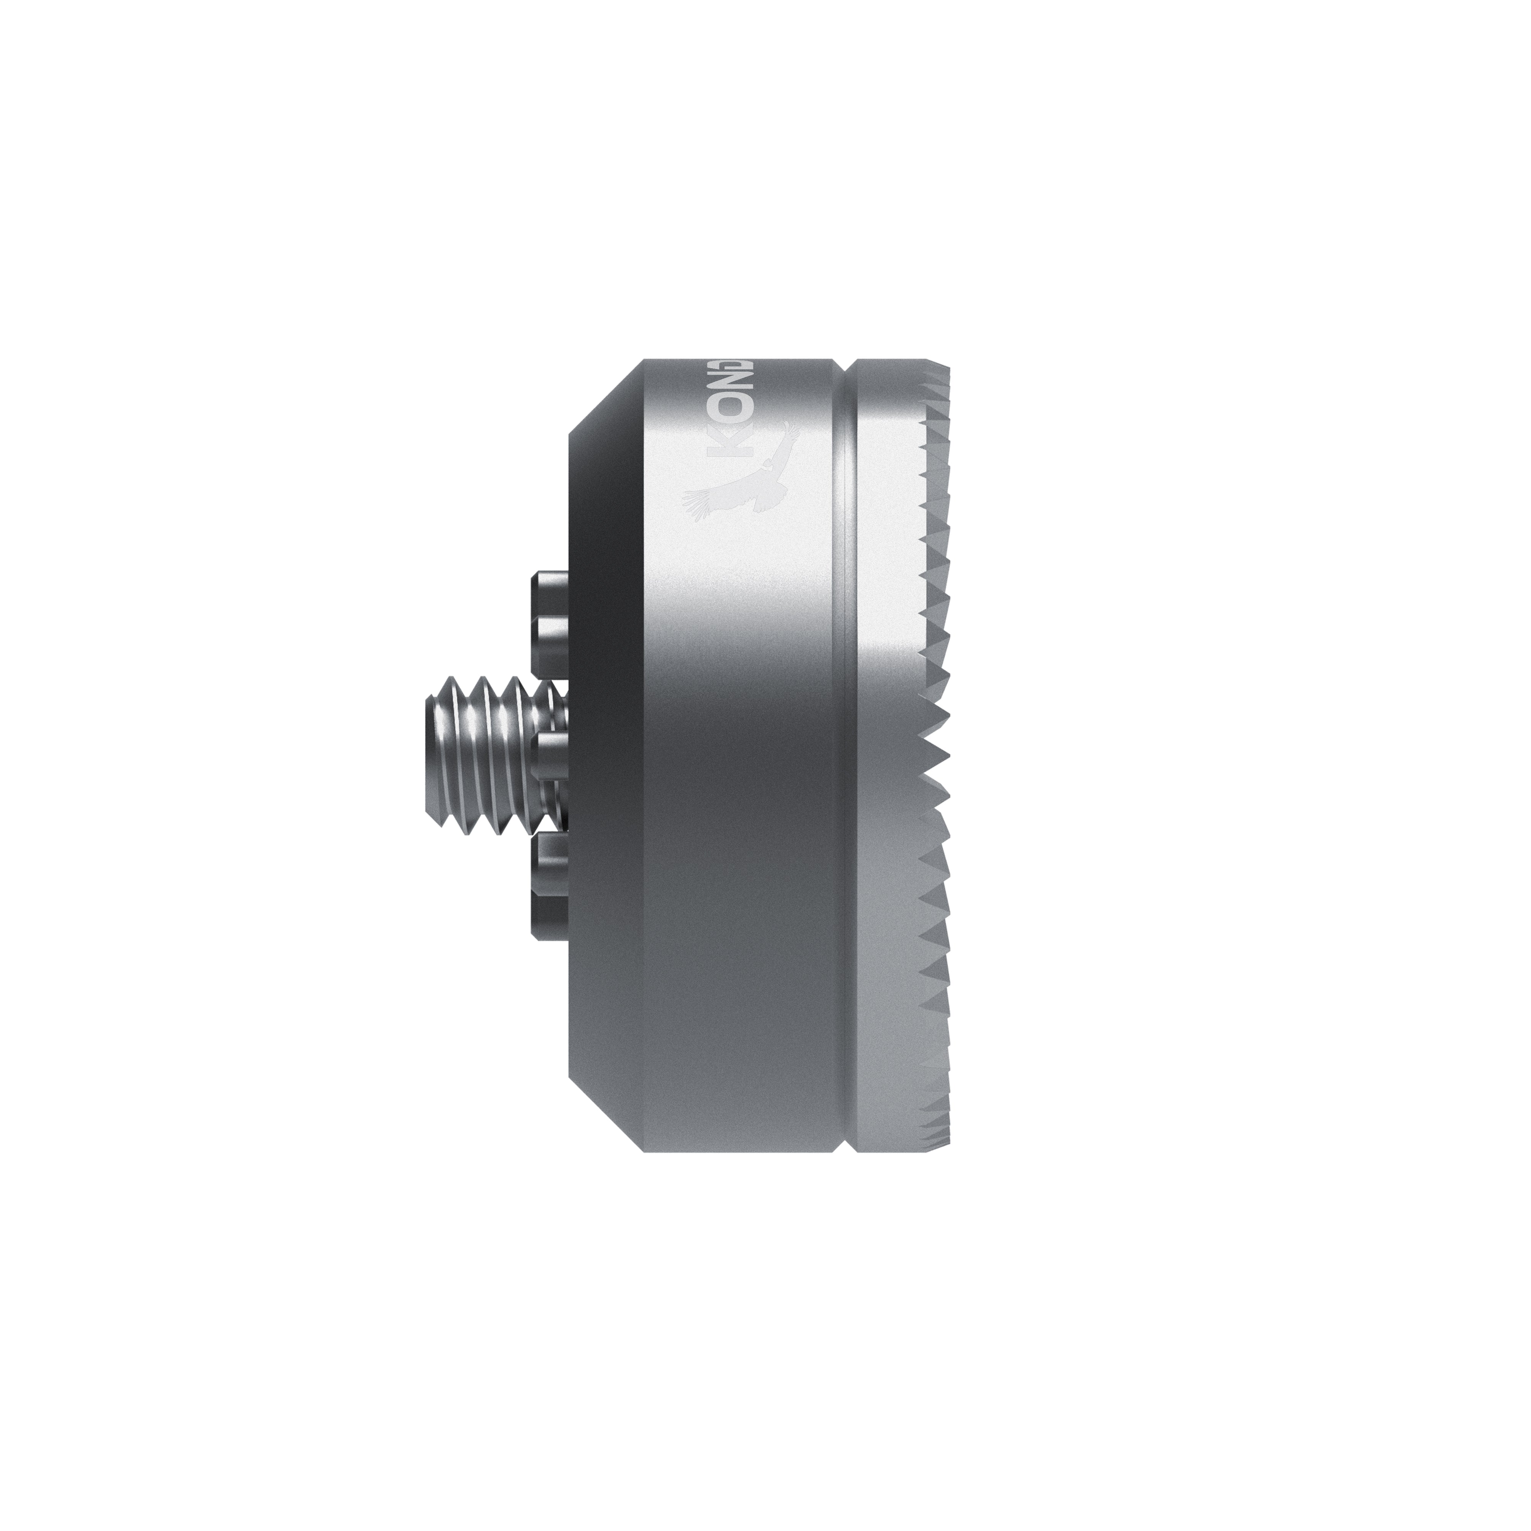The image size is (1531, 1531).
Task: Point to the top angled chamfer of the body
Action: [606, 396]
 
